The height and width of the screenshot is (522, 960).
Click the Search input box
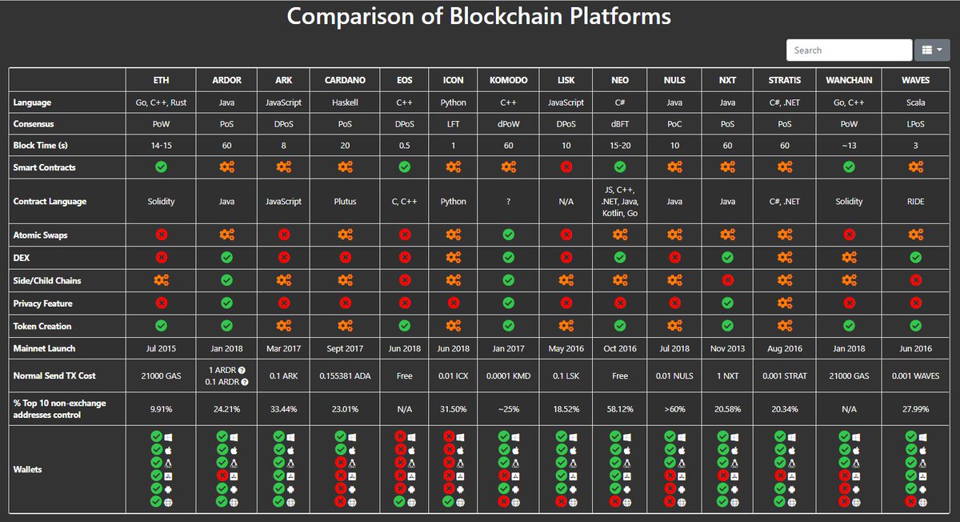pos(849,50)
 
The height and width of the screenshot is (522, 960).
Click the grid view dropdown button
pos(931,50)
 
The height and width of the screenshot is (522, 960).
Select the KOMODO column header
pos(508,80)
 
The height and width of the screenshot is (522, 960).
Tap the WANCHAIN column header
pos(849,80)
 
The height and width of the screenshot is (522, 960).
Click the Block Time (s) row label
pos(41,146)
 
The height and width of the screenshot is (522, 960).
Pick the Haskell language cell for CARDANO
pos(346,102)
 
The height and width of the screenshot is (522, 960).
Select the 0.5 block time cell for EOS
pos(405,146)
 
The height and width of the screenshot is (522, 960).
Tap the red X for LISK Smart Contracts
pos(566,167)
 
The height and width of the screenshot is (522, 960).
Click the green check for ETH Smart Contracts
pos(162,167)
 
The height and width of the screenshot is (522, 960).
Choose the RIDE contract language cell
pos(915,202)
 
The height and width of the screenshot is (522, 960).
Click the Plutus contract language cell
pos(346,202)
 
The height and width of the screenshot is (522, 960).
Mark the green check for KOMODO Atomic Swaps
pos(508,235)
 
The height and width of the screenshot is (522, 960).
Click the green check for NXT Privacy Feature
pos(727,303)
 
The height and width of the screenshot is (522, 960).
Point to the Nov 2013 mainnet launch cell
pos(727,348)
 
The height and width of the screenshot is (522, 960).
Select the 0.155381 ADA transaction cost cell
pos(346,375)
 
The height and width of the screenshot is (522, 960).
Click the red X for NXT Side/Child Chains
pos(727,280)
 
